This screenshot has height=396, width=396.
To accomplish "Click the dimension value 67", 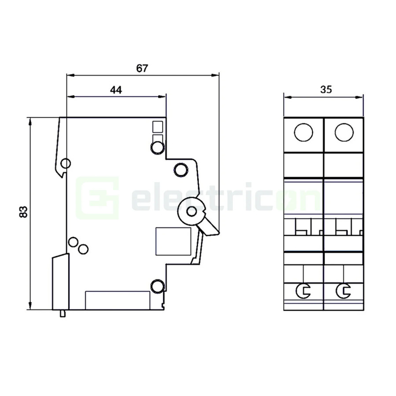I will [142, 68].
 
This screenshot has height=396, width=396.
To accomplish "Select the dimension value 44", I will [116, 90].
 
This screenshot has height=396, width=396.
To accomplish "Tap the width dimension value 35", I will [326, 90].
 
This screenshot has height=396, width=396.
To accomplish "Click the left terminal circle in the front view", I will [304, 132].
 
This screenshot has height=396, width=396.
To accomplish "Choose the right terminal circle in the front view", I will [344, 132].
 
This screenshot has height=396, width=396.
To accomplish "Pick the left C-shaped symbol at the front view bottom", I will [303, 290].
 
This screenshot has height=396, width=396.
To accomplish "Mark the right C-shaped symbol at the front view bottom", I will [343, 290].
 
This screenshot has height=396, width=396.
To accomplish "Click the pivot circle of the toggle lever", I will [191, 212].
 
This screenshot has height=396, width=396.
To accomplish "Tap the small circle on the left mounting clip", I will [66, 164].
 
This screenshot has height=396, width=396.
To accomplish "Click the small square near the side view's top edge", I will [157, 127].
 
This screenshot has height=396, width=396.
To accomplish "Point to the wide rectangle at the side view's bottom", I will [117, 300].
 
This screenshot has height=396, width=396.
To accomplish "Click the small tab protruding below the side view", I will [63, 313].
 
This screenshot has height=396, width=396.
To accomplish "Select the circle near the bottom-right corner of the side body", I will [157, 287].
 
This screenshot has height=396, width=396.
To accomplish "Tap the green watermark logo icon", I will [98, 198].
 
